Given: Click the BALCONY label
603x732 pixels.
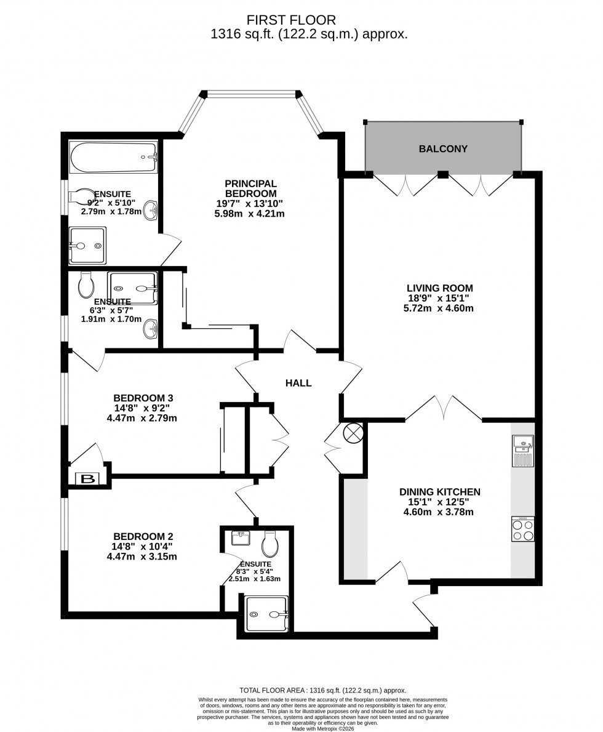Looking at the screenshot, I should coord(443,149).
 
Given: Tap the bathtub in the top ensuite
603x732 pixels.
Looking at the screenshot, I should coord(114,158).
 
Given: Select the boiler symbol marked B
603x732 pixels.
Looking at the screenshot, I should coord(88,479).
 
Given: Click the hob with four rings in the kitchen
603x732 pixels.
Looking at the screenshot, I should coord(522,529).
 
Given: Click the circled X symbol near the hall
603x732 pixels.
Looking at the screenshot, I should coord(353,433).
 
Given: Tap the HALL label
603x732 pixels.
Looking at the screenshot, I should coord(298,383).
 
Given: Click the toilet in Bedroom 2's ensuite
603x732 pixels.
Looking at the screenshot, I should coord(270,544).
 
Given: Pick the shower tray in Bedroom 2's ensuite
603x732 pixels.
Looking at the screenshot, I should coord(266,614).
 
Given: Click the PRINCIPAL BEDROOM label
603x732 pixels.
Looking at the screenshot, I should coord(250,188).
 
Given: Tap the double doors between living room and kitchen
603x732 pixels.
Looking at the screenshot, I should coord(444,408).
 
